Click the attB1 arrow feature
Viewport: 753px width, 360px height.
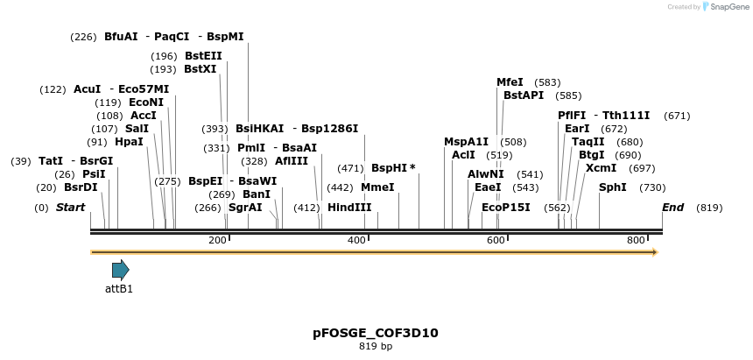120,270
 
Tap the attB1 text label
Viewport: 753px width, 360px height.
119,288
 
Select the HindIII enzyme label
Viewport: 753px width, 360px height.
349,208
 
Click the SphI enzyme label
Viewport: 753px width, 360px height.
613,187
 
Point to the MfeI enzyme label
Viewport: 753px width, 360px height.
510,82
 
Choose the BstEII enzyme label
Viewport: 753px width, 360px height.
203,56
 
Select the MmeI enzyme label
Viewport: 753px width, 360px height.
377,187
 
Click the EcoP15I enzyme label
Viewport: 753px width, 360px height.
506,208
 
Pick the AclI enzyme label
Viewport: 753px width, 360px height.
463,155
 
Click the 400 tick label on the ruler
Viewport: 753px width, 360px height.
357,240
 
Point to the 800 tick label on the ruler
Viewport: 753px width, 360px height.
636,240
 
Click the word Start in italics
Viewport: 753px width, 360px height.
70,208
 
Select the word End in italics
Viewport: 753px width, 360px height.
673,208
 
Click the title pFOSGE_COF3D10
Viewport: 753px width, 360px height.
376,333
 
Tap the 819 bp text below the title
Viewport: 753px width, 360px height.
376,347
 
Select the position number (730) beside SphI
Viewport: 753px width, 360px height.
652,187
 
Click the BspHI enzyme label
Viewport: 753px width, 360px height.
390,168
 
